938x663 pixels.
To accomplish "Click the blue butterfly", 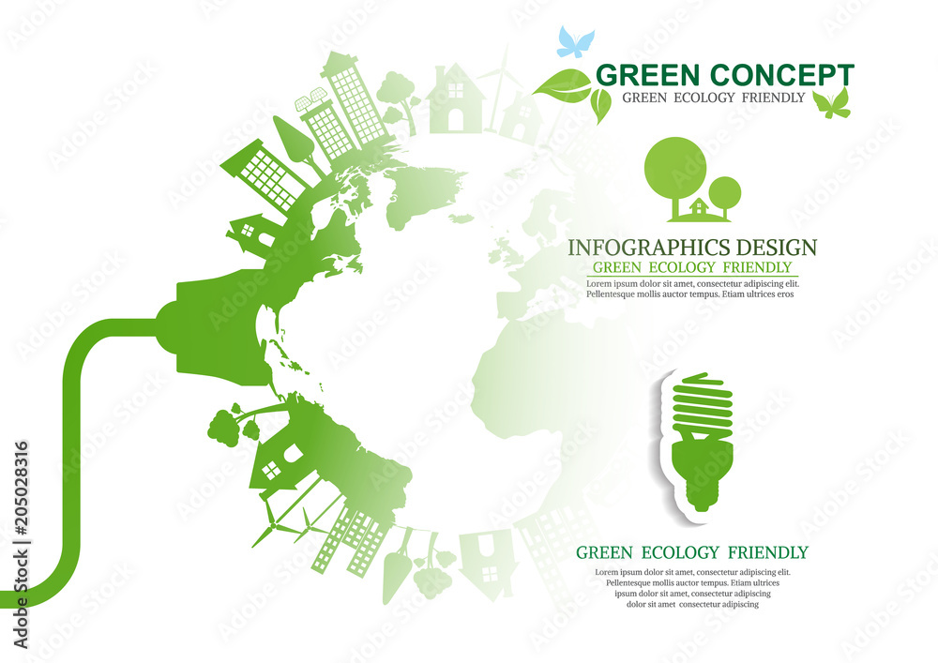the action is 576,42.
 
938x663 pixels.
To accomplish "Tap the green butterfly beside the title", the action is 831,104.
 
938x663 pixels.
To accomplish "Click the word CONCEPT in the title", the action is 782,76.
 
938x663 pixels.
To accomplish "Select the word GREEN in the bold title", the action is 647,76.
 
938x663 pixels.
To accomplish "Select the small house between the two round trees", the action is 699,207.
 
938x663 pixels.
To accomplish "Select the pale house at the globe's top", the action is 456,98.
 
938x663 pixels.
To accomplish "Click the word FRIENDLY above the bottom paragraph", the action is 768,552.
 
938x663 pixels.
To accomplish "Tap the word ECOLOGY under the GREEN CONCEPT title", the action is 704,98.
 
